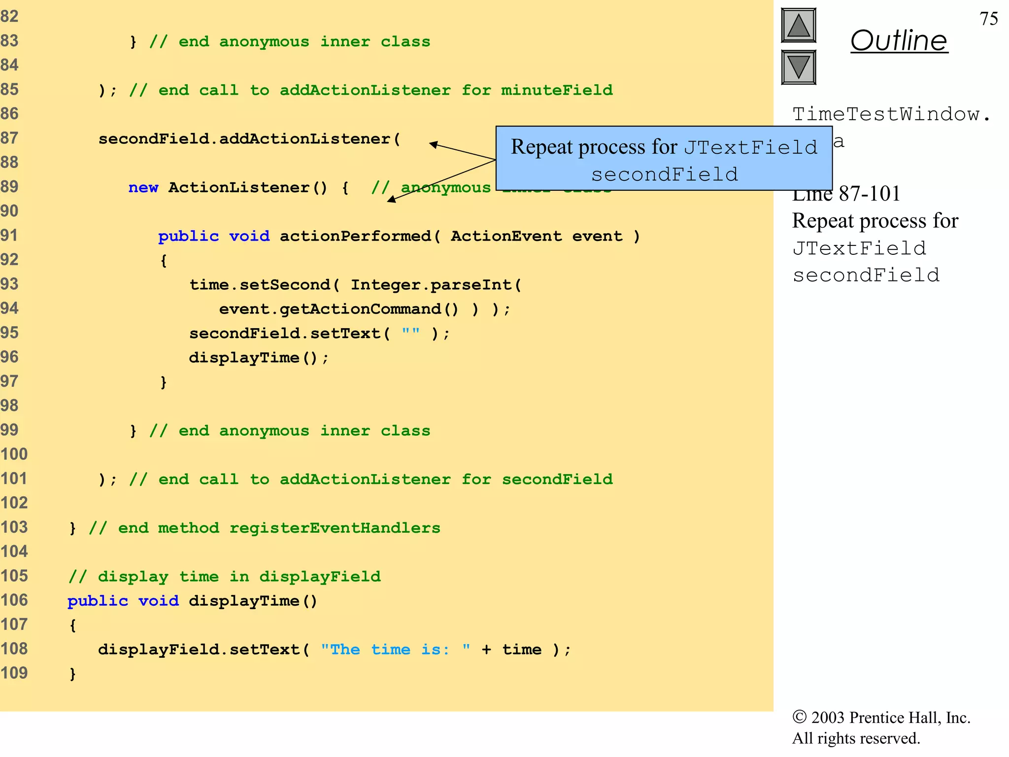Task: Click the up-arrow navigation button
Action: pos(798,26)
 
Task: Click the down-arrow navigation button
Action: pos(798,67)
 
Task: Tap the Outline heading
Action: pos(899,40)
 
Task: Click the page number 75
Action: pos(988,19)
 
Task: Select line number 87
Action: pos(9,138)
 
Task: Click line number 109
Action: pos(14,673)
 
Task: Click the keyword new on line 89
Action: pos(143,187)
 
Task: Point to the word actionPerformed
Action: pos(355,236)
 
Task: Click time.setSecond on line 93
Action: pos(260,284)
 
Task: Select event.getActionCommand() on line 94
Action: pos(338,309)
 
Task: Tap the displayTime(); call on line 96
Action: pos(258,358)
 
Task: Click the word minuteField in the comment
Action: pos(557,90)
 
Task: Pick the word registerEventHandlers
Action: pos(335,528)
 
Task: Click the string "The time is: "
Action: pos(395,649)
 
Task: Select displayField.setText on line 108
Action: pos(199,649)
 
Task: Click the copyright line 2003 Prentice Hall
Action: pos(881,718)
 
